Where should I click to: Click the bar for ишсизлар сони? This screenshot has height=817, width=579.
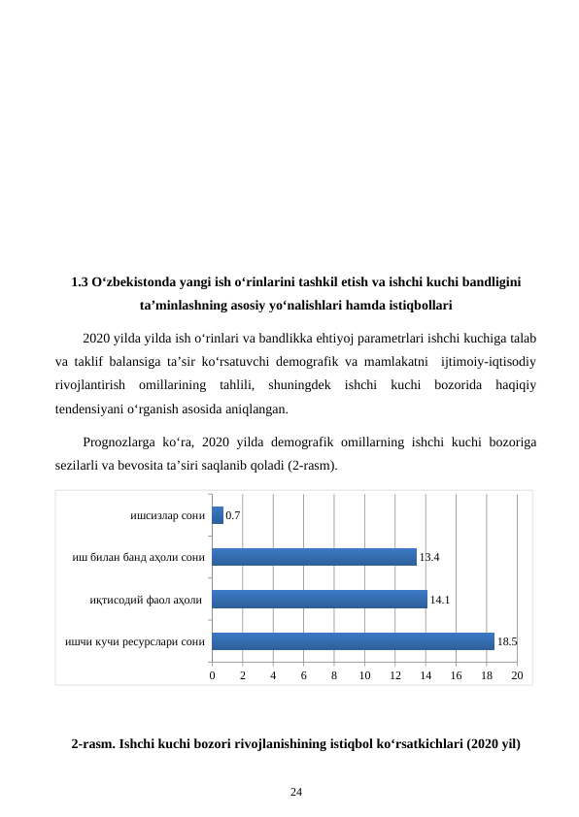pos(218,515)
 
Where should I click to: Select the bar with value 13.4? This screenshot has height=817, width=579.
pos(314,557)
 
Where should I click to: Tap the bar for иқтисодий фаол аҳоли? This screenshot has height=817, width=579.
pos(320,600)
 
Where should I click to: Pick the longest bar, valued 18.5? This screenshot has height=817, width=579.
pos(353,641)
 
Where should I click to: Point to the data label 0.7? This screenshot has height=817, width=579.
pos(233,515)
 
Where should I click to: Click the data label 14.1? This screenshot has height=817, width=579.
pos(439,600)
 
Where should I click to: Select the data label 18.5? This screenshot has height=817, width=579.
pos(506,641)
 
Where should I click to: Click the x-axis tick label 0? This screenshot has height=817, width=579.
pos(212,674)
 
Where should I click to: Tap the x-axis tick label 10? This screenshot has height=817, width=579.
pos(364,674)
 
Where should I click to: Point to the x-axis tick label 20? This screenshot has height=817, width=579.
pos(517,674)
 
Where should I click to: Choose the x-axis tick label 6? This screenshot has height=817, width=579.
pos(303,674)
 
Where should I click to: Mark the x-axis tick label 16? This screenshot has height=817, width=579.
pos(456,674)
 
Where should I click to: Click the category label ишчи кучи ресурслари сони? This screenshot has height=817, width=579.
pos(134,641)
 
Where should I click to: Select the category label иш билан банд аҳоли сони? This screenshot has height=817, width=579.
pos(138,557)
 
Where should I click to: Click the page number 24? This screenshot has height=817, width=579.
pos(296,793)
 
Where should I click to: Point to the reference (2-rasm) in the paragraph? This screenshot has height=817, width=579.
pos(310,465)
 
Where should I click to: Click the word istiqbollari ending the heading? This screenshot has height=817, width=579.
pos(417,306)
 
